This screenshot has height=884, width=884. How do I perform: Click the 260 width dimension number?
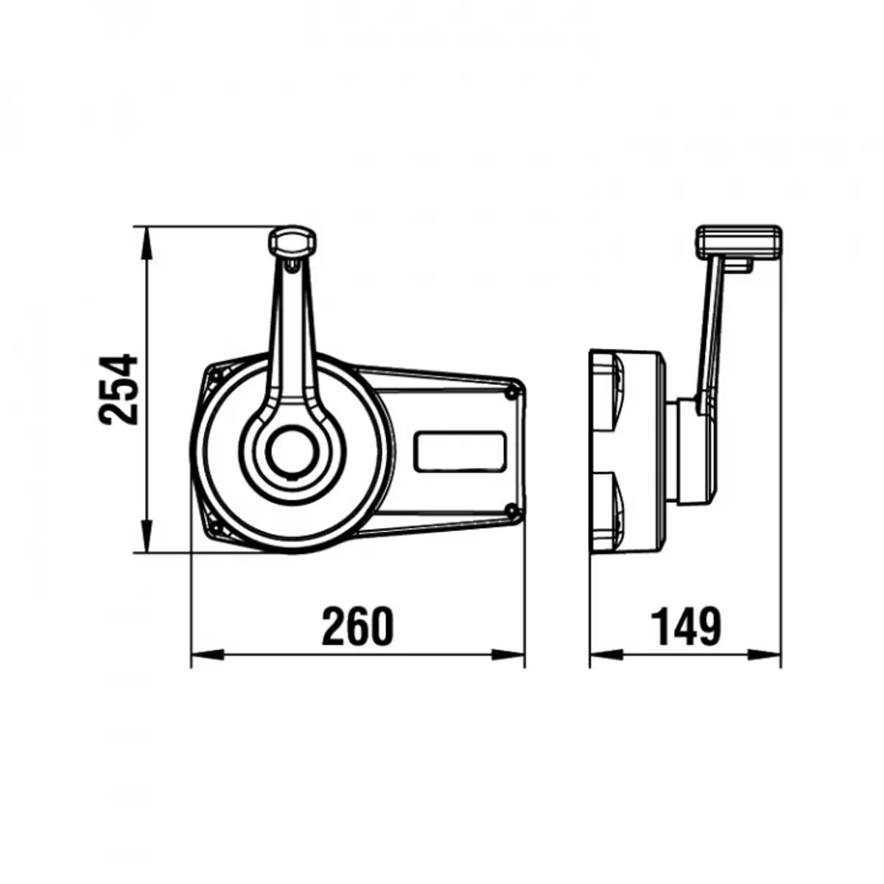point(358,627)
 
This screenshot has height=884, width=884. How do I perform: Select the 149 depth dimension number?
point(685,627)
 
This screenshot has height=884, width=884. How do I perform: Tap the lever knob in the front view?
point(293,241)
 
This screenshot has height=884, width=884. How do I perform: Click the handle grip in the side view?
point(738,242)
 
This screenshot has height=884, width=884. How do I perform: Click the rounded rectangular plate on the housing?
point(460,452)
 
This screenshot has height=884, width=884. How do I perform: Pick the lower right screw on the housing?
point(511,509)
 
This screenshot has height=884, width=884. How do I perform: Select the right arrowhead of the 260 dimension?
point(510,653)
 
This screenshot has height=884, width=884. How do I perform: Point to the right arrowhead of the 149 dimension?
point(766,653)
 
